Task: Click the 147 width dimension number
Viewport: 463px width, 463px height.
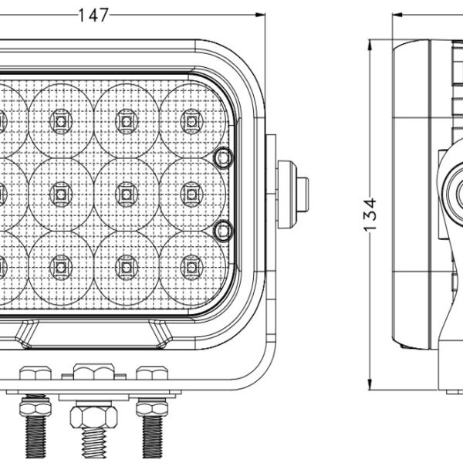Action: (x=93, y=13)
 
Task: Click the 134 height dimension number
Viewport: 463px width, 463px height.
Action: (x=371, y=214)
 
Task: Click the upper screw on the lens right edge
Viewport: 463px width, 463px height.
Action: (x=224, y=157)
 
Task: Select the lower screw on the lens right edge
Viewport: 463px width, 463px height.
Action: (x=224, y=228)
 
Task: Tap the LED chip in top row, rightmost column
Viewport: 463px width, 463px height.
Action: (x=189, y=118)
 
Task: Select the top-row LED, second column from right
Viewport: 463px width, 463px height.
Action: (x=124, y=118)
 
